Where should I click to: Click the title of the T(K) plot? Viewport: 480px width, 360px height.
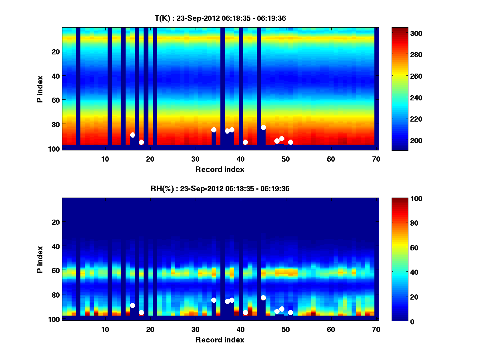coord(220,18)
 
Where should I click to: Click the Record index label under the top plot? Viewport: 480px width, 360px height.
coord(220,169)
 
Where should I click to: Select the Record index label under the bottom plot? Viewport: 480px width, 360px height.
coord(220,340)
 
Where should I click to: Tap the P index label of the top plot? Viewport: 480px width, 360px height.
coord(40,89)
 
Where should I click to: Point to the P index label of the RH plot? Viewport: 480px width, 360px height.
coord(40,259)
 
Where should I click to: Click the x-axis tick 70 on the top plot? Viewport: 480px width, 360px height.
coord(376,159)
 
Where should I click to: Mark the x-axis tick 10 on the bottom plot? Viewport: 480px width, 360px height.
coord(105,329)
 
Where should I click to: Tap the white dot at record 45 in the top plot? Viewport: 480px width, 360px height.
coord(263,127)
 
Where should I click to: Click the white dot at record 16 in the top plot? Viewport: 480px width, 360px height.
coord(132,135)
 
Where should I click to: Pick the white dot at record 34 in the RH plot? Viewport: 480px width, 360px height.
coord(214,300)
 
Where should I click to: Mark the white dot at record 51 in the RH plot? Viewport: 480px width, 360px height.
coord(290,312)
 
